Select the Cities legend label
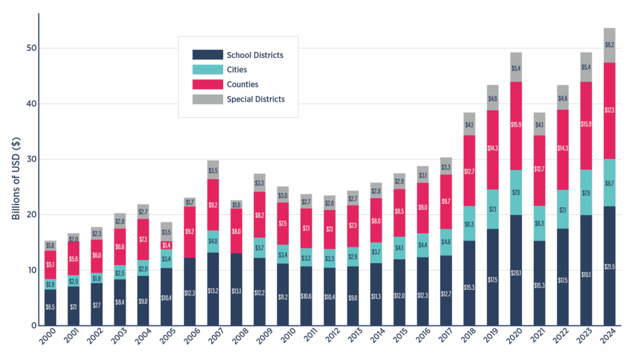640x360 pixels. (x=237, y=69)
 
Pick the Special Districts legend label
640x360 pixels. (x=255, y=99)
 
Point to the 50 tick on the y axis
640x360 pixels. (x=31, y=49)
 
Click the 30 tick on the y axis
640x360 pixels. (x=31, y=159)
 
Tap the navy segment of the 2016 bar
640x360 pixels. (x=422, y=291)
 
